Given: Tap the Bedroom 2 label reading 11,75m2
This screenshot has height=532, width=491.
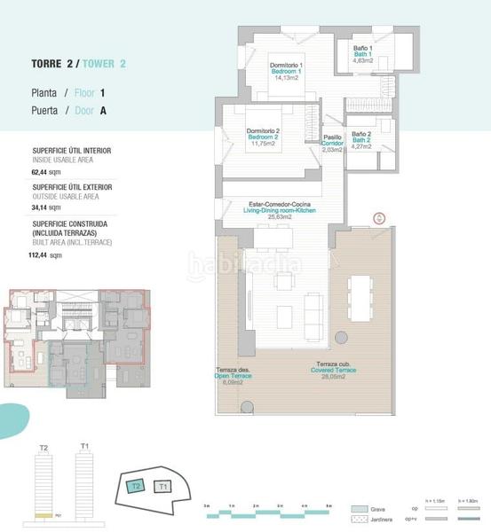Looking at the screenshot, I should [263, 137].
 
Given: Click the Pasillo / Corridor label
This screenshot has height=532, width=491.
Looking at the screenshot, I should [332, 143].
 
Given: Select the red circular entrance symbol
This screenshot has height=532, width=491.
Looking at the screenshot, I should [377, 218].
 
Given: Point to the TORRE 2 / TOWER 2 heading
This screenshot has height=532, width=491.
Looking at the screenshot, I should [78, 64].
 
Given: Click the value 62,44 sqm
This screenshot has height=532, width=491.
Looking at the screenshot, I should [44, 173].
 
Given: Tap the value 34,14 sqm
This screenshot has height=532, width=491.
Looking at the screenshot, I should [44, 209].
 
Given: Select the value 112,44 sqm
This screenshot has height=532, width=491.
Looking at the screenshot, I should [46, 254].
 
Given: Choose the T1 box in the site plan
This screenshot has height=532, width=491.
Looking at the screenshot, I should [162, 487].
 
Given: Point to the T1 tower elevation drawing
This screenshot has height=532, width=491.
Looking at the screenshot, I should [85, 484].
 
